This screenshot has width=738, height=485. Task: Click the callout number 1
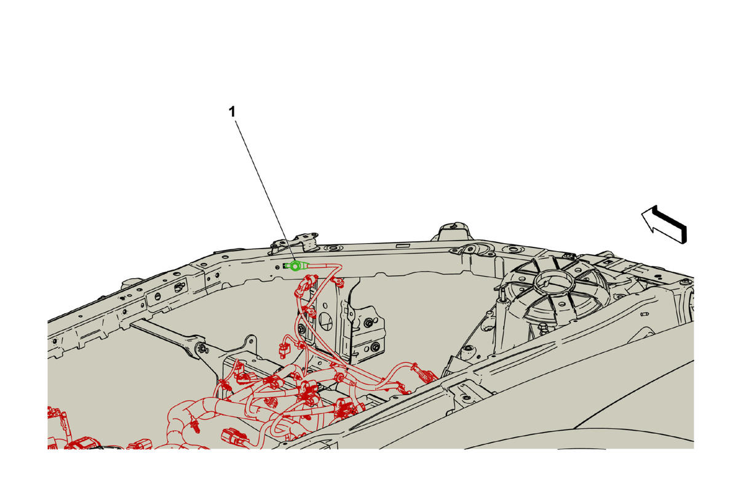coord(232,112)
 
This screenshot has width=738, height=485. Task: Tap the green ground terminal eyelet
coord(295,265)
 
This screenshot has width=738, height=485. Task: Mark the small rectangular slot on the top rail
coord(403,246)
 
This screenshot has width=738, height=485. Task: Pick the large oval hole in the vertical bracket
coord(325,321)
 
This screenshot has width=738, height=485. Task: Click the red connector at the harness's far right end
coord(427,375)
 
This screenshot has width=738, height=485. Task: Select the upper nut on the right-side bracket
coord(368,323)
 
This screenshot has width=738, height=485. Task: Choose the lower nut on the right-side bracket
coord(375,347)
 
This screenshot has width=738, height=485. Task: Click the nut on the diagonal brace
coord(201,348)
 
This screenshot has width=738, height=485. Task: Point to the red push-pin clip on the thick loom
coord(195,427)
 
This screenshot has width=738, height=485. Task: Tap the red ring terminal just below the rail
coord(338,281)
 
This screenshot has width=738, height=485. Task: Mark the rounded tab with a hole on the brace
coord(250,343)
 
